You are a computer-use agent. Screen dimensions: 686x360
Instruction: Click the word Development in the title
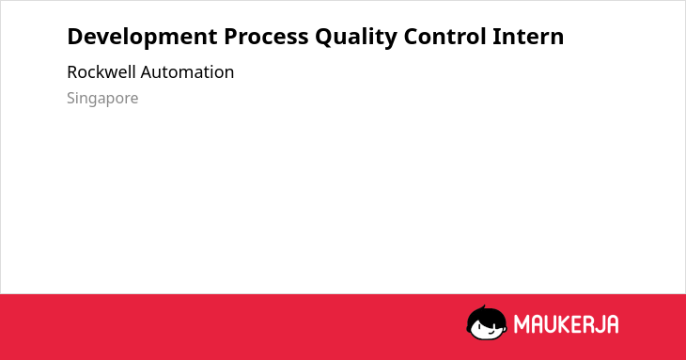(x=142, y=38)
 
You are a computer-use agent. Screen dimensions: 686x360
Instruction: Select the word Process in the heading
(x=266, y=37)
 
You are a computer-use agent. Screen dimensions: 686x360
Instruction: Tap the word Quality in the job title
(x=356, y=38)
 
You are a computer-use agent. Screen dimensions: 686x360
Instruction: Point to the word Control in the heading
(x=444, y=36)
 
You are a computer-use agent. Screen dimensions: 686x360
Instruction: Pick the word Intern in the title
(x=528, y=36)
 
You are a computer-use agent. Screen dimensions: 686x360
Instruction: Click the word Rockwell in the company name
(x=101, y=71)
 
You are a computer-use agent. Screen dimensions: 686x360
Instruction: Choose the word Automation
(x=187, y=71)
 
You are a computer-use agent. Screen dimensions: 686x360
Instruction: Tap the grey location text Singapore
(x=102, y=99)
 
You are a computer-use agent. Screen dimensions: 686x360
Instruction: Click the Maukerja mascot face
(x=487, y=323)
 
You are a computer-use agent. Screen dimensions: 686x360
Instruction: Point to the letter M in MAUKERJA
(x=522, y=324)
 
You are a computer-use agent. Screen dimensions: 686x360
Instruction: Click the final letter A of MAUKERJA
(x=614, y=324)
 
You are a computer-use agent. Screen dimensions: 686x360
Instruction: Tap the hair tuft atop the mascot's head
(x=483, y=307)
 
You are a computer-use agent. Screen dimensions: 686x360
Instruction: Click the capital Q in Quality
(x=324, y=37)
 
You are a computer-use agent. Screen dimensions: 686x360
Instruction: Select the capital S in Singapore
(x=71, y=98)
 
